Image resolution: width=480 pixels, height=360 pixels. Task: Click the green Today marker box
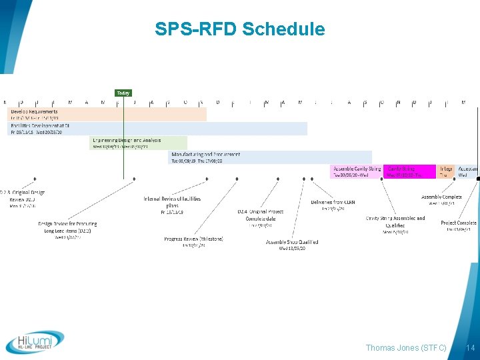[123, 93]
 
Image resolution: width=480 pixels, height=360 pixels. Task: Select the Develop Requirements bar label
[33, 110]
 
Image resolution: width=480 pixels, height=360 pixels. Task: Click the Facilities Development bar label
[39, 125]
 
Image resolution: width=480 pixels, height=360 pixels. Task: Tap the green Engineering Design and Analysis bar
[139, 143]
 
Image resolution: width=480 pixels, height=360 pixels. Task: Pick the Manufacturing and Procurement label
[206, 155]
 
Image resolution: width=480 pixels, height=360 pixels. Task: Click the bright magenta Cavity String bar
[409, 171]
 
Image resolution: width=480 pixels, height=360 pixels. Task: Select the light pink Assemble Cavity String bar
[357, 171]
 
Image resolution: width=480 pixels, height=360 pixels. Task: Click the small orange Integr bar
[445, 171]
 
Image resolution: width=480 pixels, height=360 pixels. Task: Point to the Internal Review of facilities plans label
[172, 202]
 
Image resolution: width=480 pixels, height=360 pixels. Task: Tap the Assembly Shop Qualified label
[292, 242]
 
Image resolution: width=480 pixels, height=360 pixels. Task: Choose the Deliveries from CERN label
[333, 202]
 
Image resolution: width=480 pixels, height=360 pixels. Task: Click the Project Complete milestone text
[459, 223]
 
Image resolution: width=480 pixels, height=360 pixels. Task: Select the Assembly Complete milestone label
[441, 197]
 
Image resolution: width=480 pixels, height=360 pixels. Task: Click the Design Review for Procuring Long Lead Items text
[67, 227]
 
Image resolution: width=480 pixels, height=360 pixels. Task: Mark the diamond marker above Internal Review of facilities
[135, 179]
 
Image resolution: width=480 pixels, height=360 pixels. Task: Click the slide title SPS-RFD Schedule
[239, 29]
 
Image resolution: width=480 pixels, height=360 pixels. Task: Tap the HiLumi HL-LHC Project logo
[35, 343]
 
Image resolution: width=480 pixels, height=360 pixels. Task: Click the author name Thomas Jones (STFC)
[406, 347]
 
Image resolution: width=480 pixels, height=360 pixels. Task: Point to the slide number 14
[471, 347]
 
